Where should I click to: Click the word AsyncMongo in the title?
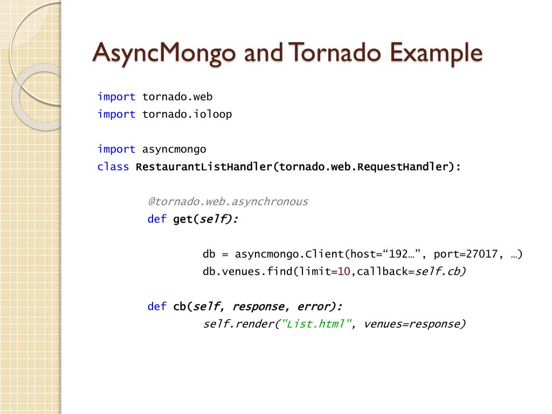(x=164, y=53)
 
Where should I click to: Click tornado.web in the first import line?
(x=177, y=97)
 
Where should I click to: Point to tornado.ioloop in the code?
(x=187, y=114)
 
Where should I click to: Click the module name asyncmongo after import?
(x=174, y=149)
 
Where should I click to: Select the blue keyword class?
(x=113, y=167)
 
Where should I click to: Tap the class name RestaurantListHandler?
(x=204, y=167)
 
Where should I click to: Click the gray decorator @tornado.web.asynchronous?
(x=228, y=202)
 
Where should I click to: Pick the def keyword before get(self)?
(x=157, y=219)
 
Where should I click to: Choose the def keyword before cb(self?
(x=157, y=307)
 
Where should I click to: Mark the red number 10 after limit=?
(x=344, y=272)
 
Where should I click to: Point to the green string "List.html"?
(x=317, y=324)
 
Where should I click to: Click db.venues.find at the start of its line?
(x=247, y=272)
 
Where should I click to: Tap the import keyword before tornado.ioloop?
(x=116, y=114)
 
